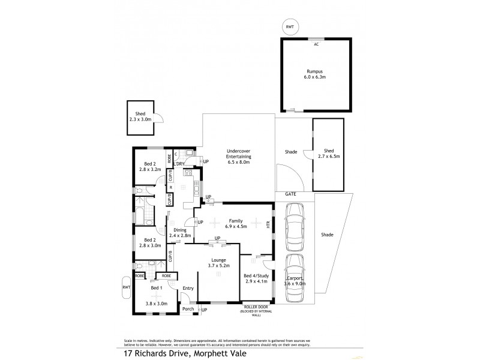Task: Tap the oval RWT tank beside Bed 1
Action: click(x=126, y=287)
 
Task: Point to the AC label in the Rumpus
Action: click(x=316, y=43)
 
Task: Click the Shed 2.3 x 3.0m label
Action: click(x=140, y=116)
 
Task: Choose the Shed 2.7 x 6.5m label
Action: click(x=328, y=154)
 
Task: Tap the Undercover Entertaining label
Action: click(x=238, y=156)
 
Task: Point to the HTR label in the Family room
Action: click(x=269, y=224)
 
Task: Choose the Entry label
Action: click(x=188, y=289)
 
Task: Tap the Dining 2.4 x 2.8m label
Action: click(x=179, y=233)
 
